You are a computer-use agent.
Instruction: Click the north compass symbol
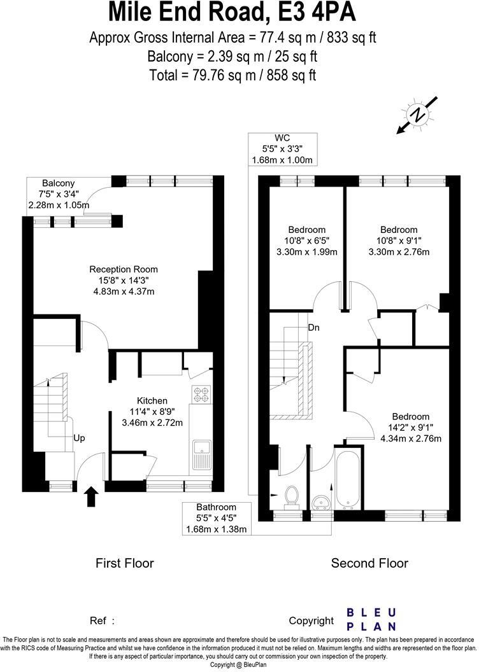pyautogui.click(x=417, y=115)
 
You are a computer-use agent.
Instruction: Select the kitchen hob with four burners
pyautogui.click(x=201, y=395)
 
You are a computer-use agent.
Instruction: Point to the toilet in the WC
pyautogui.click(x=292, y=495)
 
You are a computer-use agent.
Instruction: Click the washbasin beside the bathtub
pyautogui.click(x=322, y=503)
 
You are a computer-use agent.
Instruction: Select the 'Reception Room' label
pyautogui.click(x=123, y=269)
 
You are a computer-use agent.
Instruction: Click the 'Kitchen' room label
pyautogui.click(x=152, y=400)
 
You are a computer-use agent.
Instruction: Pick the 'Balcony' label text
pyautogui.click(x=58, y=183)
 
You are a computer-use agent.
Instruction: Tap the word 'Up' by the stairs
pyautogui.click(x=79, y=438)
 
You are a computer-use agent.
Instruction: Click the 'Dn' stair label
pyautogui.click(x=313, y=328)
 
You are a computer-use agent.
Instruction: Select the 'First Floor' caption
pyautogui.click(x=124, y=563)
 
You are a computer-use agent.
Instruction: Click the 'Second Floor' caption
pyautogui.click(x=369, y=563)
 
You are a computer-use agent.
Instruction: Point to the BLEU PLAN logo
pyautogui.click(x=371, y=619)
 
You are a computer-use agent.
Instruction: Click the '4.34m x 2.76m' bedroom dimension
pyautogui.click(x=410, y=438)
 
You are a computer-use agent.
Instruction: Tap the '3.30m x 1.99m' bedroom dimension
pyautogui.click(x=306, y=251)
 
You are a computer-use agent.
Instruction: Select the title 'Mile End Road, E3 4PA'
pyautogui.click(x=232, y=13)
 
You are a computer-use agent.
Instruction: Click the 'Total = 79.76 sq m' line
pyautogui.click(x=232, y=74)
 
